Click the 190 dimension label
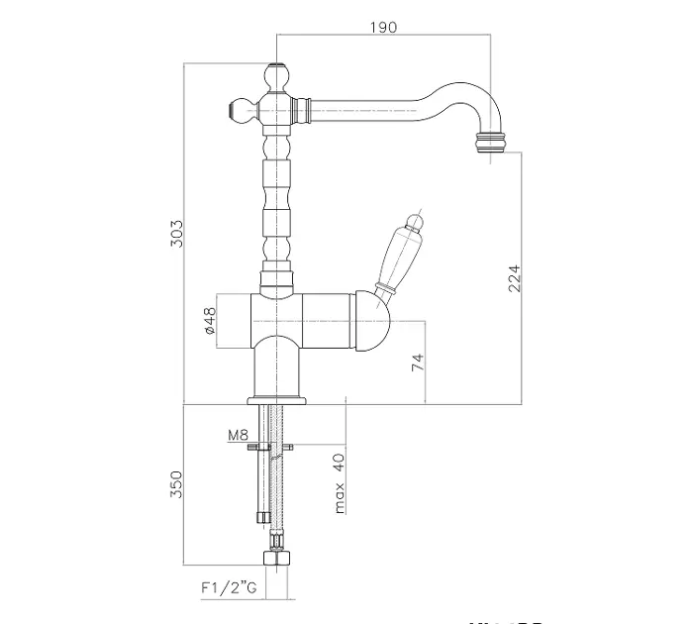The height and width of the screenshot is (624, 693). click(x=382, y=27)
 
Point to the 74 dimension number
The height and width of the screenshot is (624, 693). click(x=418, y=364)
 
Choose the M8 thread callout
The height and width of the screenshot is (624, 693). click(x=238, y=434)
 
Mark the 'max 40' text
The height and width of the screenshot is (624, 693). click(x=339, y=483)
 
